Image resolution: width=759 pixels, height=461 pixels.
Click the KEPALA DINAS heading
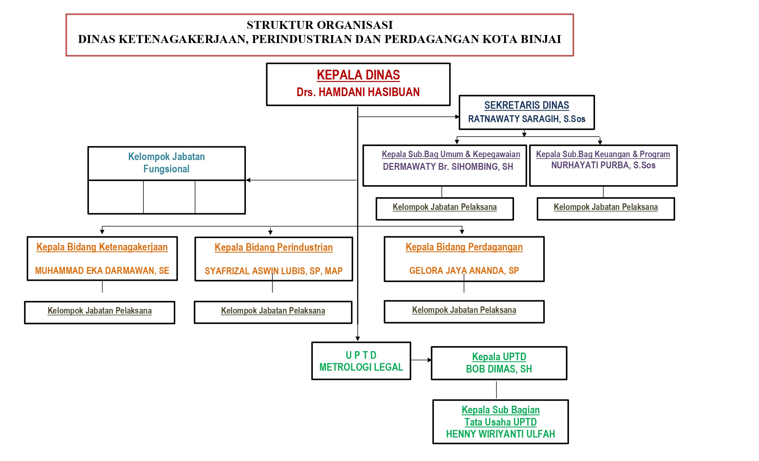(x=358, y=75)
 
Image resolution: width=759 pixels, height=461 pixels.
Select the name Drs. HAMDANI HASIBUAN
(x=358, y=92)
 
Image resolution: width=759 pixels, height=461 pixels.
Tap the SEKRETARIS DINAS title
(x=526, y=105)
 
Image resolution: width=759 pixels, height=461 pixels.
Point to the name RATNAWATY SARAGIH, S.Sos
(x=526, y=119)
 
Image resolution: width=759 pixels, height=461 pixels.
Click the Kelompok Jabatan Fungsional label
(x=166, y=163)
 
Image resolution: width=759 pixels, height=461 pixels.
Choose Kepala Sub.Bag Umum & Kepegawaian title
(x=451, y=154)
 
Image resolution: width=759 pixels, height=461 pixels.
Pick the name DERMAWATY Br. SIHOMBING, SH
(x=448, y=167)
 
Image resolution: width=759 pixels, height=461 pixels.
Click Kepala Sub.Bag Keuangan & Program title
(x=603, y=154)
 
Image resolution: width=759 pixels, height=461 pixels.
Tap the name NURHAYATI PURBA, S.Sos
(x=603, y=165)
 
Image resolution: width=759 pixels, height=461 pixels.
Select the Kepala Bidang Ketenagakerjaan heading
(x=102, y=247)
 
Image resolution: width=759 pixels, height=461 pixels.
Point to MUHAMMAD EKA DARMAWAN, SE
(x=102, y=271)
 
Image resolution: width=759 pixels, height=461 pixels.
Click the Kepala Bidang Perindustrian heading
(x=273, y=247)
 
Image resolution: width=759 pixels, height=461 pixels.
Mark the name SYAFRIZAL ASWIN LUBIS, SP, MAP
(x=273, y=271)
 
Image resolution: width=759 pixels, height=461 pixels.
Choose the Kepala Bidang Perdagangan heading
(x=464, y=247)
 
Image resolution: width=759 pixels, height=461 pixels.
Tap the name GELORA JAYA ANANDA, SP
(x=464, y=271)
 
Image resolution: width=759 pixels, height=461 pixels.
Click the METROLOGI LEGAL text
(x=361, y=367)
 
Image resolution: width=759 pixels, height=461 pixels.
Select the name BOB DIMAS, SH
(x=499, y=369)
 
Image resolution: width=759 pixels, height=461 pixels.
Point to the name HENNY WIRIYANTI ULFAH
(x=500, y=434)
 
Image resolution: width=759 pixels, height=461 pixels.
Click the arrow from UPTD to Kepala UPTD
(x=421, y=360)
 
